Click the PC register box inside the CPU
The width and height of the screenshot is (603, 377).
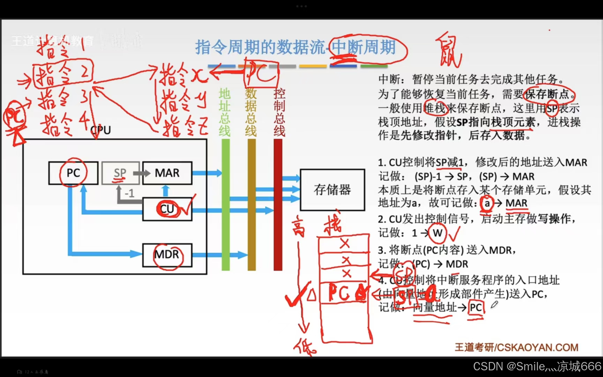[x=73, y=173]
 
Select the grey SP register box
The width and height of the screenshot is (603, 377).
[x=120, y=173]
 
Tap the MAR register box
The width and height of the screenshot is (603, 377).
[x=167, y=173]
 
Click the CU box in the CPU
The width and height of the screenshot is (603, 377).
[x=167, y=209]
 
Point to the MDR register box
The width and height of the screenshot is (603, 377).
[x=167, y=255]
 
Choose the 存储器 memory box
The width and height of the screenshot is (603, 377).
[x=332, y=190]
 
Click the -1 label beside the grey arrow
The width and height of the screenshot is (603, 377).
[x=129, y=193]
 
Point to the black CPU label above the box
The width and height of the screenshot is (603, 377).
[x=101, y=130]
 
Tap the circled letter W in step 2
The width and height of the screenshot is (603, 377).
[x=438, y=233]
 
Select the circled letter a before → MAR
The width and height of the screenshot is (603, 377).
[x=487, y=203]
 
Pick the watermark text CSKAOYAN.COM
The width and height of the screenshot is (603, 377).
[x=537, y=347]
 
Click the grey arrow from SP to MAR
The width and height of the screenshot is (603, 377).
[x=141, y=173]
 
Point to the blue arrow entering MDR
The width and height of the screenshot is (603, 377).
[x=105, y=254]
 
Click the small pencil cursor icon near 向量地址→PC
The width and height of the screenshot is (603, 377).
[x=494, y=305]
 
